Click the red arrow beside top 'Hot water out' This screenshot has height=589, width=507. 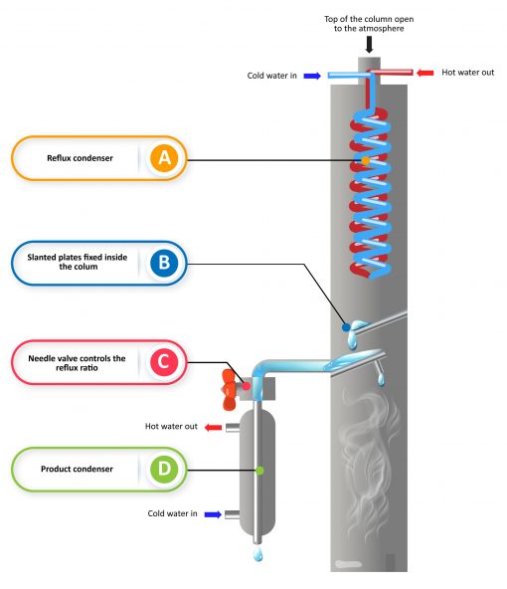coord(423,73)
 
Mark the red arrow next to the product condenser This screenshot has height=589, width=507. coord(212,427)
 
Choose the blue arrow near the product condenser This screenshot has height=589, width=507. coord(212,514)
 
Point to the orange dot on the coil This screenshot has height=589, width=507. coord(365,160)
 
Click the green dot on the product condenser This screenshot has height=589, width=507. coord(258,470)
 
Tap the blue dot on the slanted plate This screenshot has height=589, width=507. coord(346,325)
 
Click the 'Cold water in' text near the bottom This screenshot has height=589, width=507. coord(170,514)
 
